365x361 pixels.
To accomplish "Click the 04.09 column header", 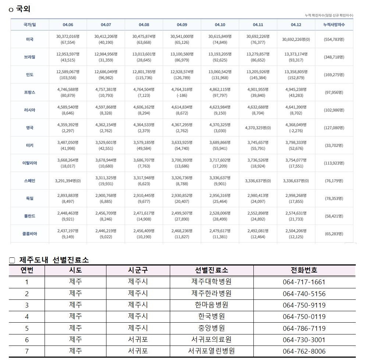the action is pos(182,25).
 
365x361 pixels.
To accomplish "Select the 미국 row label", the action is pos(30,39).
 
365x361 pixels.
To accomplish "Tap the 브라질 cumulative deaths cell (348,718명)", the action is pos(334,57).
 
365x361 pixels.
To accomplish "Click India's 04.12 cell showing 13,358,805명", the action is pos(296,72).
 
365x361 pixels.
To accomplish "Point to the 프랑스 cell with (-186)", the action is pos(182,96).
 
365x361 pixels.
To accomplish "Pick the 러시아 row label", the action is pos(30,110).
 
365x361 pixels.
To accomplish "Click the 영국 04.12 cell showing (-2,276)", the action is pos(296,131).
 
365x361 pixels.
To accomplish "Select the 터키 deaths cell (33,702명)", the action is pos(334,145).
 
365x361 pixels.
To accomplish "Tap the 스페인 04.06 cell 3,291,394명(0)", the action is pos(68,181).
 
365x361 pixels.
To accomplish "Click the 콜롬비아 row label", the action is pos(30,234).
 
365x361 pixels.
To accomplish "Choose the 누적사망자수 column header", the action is pos(334,25).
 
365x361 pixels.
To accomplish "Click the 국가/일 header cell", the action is pos(30,25).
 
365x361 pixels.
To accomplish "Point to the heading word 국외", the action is pos(23,9).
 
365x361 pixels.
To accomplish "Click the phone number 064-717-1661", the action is pos(304,282).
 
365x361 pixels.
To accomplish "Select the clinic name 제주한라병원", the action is pos(211,294).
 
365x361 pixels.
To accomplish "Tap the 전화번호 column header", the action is pos(304,270).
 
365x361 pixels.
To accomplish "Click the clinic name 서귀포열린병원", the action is pos(211,351).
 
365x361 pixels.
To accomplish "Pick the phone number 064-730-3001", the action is pos(304,340).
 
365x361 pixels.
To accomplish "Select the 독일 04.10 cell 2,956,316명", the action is pos(220,195).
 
